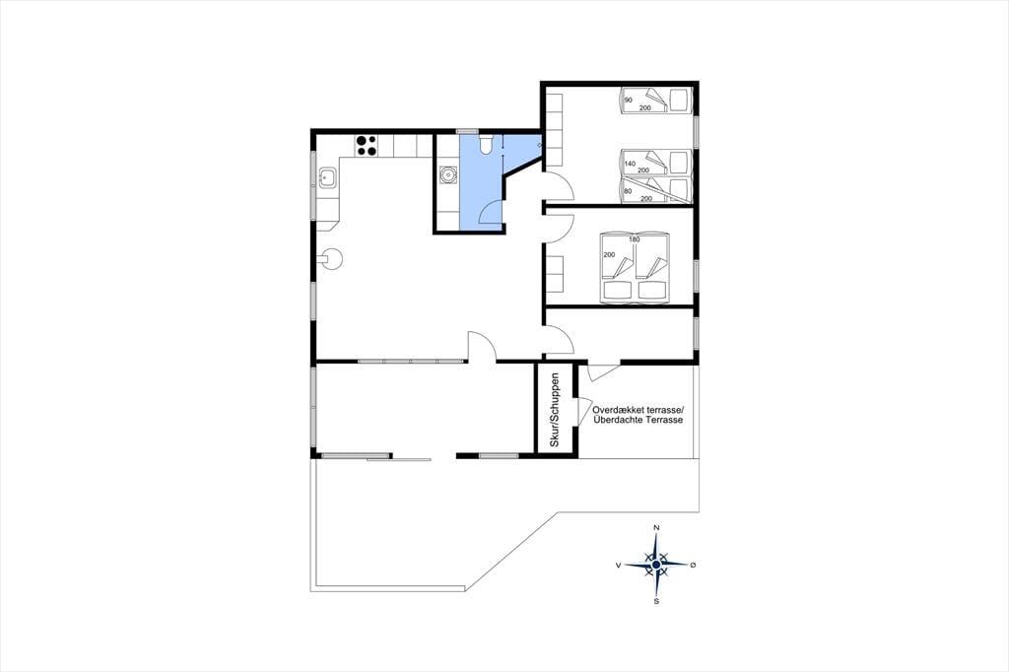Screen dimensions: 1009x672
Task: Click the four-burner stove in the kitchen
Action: point(367,146)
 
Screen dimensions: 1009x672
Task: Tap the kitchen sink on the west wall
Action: point(326,175)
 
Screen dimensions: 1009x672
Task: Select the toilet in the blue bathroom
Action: point(485,144)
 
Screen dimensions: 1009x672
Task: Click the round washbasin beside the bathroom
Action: point(447,173)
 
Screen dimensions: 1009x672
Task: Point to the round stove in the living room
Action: point(332,260)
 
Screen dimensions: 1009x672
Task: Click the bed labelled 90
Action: point(655,101)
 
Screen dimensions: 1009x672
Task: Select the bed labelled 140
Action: point(655,163)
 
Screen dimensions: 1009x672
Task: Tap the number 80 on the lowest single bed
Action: point(628,191)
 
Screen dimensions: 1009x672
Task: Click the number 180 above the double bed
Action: point(635,239)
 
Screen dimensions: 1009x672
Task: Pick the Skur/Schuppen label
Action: point(555,410)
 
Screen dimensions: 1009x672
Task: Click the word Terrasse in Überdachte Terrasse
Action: point(667,420)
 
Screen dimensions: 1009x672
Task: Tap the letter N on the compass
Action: point(656,528)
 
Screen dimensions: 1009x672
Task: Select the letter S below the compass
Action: point(656,602)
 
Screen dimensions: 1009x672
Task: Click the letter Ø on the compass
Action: point(693,565)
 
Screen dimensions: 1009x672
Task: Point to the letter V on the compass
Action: point(619,565)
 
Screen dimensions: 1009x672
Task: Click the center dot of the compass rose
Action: point(655,565)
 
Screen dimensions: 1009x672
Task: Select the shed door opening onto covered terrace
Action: point(585,410)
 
